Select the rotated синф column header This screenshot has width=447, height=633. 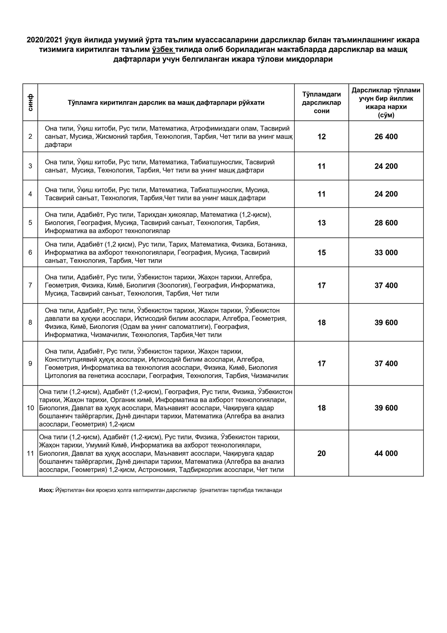[30, 103]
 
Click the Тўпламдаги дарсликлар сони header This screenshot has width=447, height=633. [322, 103]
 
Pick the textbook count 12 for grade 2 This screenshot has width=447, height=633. [322, 137]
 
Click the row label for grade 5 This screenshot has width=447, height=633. [30, 223]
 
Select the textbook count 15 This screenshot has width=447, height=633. [322, 253]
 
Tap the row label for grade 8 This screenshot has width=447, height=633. [30, 322]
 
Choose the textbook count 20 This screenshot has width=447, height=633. [322, 453]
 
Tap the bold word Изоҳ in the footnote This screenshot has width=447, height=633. [46, 490]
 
